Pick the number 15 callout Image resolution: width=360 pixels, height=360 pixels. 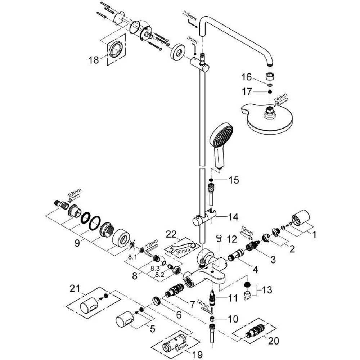click(x=234, y=180)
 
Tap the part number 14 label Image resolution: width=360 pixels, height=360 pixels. click(x=234, y=217)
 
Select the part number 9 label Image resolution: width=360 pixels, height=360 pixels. click(x=77, y=243)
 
